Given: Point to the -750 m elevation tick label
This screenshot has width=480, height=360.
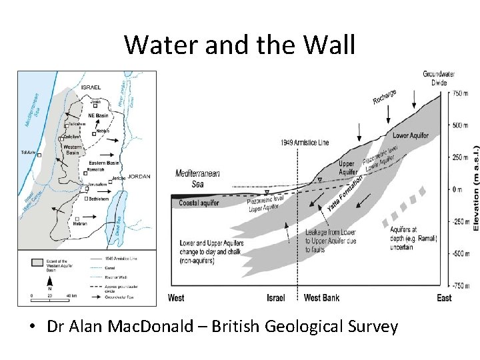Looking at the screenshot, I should tap(462, 285).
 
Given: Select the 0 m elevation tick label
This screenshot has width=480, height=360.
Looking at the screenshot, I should tap(458, 189).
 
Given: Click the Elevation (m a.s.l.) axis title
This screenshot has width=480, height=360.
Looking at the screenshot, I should tap(475, 189).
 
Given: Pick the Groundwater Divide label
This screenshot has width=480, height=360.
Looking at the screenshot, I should tap(435, 78).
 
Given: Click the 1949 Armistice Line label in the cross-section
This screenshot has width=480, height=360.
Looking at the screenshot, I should tap(305, 142).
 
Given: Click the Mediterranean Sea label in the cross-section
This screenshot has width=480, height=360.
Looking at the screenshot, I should tap(197, 178).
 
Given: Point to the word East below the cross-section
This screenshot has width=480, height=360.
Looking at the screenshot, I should tap(444, 297).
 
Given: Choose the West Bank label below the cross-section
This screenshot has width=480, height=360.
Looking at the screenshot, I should tap(321, 297).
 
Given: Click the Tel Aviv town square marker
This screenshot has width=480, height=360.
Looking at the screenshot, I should tap(39, 155).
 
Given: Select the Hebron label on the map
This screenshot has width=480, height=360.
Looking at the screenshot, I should tap(80, 225).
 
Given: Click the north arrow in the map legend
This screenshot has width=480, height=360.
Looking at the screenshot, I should tap(31, 281).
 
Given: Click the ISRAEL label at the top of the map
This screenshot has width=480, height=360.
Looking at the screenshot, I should tap(91, 87).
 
